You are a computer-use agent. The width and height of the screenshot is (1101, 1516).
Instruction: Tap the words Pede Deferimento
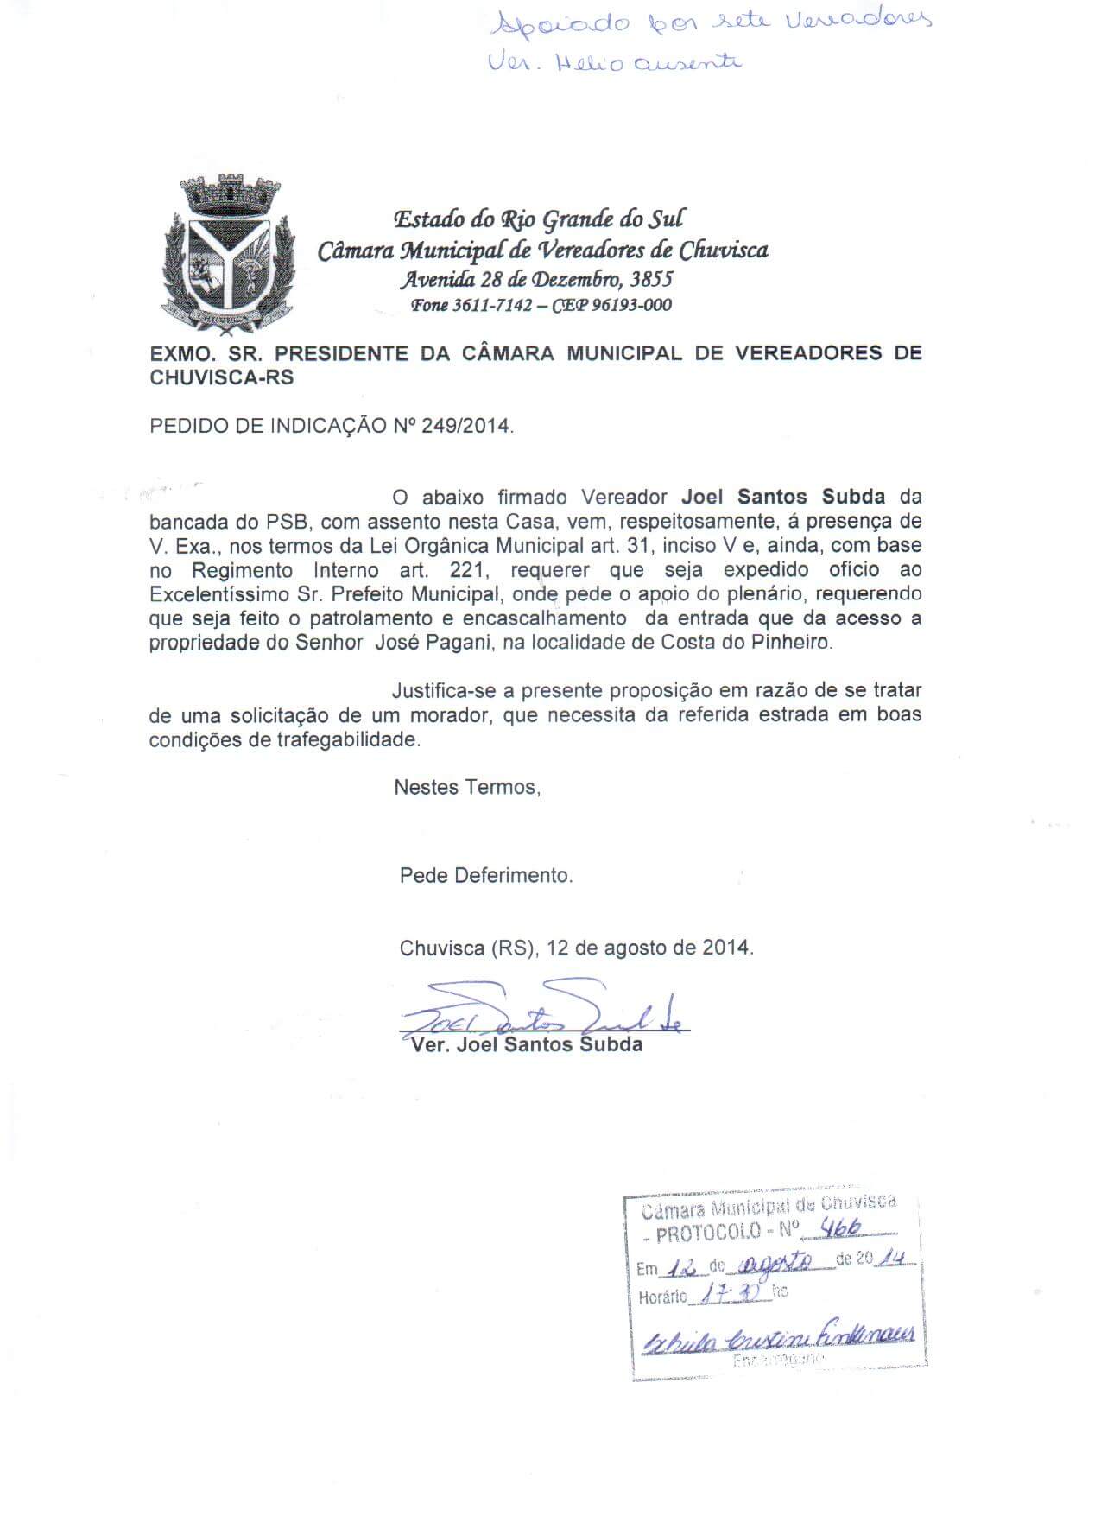[x=485, y=875]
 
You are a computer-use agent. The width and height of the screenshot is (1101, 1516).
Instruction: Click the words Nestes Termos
[x=467, y=787]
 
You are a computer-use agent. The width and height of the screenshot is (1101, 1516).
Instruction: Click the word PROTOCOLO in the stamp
[x=707, y=1232]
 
